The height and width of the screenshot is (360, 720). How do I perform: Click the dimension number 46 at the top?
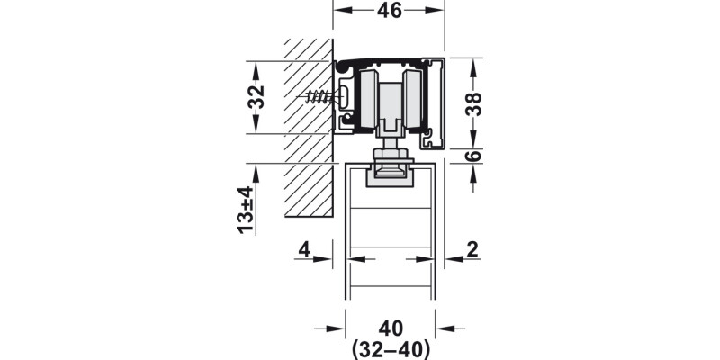click(389, 12)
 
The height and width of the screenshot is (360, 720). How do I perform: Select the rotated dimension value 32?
click(256, 97)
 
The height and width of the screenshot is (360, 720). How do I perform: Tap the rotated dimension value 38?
click(474, 103)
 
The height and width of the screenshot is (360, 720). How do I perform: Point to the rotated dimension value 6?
click(474, 156)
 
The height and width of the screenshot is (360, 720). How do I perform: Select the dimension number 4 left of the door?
click(305, 249)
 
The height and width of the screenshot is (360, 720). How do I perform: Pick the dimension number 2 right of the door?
click(472, 249)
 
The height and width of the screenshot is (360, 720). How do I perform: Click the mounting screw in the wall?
click(320, 96)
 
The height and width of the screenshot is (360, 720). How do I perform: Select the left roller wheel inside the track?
click(369, 100)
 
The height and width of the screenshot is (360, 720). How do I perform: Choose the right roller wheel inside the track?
click(415, 100)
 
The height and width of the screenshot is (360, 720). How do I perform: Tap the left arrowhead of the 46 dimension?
click(340, 11)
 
